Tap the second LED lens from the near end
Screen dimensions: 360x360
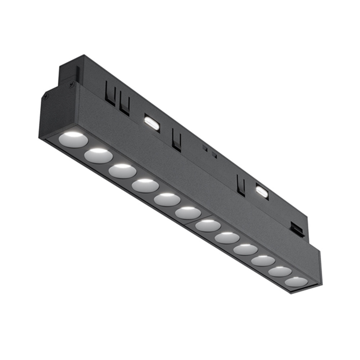tap(98, 155)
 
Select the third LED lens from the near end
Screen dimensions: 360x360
tap(123, 171)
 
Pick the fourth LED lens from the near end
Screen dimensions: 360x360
tap(145, 185)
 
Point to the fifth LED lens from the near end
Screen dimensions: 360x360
tap(167, 199)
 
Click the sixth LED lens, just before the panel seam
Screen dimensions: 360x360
tap(188, 213)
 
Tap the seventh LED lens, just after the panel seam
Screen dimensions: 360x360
tap(208, 225)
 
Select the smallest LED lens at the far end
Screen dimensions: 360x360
tap(296, 282)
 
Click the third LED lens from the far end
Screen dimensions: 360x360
tap(263, 260)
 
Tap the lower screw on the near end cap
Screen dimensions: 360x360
tap(46, 95)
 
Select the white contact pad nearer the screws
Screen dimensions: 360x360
tap(152, 122)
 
